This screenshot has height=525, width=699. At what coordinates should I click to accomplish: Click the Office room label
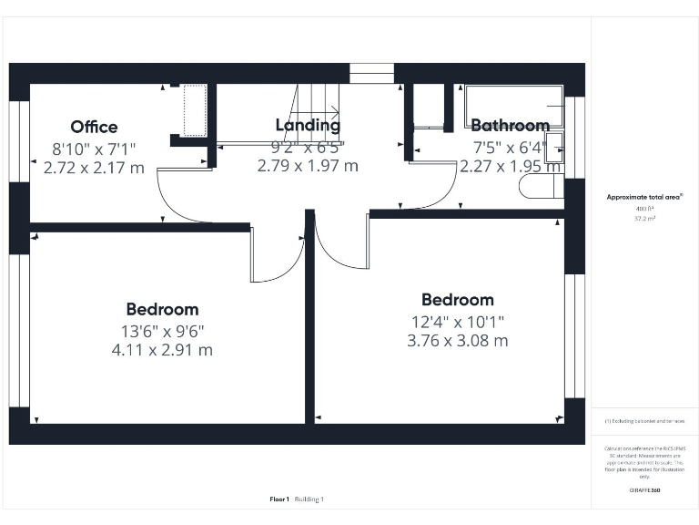(x=94, y=127)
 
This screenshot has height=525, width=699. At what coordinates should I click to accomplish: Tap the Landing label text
(x=308, y=125)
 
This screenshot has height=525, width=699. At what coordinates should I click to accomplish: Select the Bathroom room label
(x=510, y=126)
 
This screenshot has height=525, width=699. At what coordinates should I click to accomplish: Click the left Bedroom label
(x=162, y=309)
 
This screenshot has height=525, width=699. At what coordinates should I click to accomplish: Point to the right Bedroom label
(x=457, y=300)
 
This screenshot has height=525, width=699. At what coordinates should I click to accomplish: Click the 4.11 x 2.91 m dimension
(x=162, y=349)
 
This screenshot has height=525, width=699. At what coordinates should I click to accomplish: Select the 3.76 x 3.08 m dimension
(x=457, y=341)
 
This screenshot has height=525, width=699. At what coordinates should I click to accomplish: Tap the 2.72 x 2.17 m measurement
(x=94, y=168)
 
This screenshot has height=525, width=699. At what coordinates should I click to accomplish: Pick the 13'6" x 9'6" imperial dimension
(x=162, y=330)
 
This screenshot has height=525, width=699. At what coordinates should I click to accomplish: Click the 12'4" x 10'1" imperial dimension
(x=457, y=321)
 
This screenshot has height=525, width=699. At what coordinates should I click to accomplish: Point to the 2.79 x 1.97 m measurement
(x=308, y=166)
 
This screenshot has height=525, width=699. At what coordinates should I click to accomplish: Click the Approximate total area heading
(x=643, y=197)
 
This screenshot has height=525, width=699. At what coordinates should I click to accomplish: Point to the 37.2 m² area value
(x=643, y=219)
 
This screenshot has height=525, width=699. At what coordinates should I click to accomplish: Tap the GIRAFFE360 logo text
(x=643, y=490)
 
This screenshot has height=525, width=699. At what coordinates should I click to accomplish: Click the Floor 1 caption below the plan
(x=279, y=499)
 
